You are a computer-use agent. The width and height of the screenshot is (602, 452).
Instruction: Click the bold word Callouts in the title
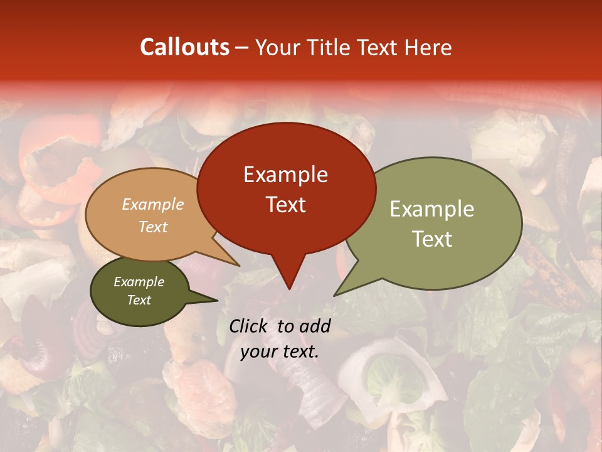(x=184, y=47)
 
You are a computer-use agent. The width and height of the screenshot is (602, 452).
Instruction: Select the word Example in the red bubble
(x=285, y=175)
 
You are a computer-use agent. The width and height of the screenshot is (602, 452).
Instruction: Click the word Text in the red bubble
(x=285, y=205)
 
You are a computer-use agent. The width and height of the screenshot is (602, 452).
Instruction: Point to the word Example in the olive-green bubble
(x=432, y=209)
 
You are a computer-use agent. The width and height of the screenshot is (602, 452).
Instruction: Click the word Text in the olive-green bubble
(x=432, y=239)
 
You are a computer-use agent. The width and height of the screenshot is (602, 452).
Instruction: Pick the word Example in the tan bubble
(x=153, y=204)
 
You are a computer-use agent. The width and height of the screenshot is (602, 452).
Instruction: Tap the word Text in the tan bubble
(x=153, y=227)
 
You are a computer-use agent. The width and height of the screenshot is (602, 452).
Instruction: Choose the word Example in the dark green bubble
(x=139, y=282)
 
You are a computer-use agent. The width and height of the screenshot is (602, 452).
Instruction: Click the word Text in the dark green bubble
(x=139, y=300)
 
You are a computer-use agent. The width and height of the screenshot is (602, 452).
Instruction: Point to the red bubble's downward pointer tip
(x=288, y=289)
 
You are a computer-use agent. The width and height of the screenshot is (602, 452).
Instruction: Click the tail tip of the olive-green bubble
(x=334, y=295)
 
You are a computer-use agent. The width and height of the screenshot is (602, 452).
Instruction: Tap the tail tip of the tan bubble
(x=239, y=266)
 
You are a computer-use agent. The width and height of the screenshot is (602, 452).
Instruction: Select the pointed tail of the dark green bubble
(x=217, y=300)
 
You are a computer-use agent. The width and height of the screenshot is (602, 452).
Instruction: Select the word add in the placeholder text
(x=315, y=326)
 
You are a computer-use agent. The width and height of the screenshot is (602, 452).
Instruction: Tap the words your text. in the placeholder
(x=280, y=352)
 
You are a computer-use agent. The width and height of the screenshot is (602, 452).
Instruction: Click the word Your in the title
(x=278, y=47)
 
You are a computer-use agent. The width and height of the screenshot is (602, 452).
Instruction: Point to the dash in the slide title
(x=242, y=47)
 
